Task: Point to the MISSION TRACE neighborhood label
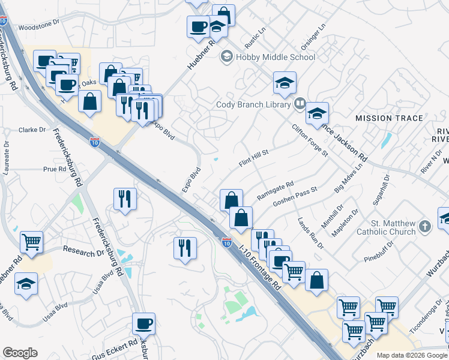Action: pyautogui.click(x=389, y=118)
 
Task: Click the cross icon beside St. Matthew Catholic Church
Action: pyautogui.click(x=426, y=227)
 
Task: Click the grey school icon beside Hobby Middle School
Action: pyautogui.click(x=227, y=57)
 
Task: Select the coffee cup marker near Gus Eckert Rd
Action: pyautogui.click(x=143, y=324)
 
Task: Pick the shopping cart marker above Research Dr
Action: pyautogui.click(x=32, y=242)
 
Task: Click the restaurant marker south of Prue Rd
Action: pyautogui.click(x=125, y=199)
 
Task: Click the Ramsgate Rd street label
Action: pyautogui.click(x=275, y=191)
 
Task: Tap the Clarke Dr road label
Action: pyautogui.click(x=32, y=130)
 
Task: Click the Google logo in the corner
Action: pyautogui.click(x=20, y=353)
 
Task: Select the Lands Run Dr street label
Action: pyautogui.click(x=310, y=233)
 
